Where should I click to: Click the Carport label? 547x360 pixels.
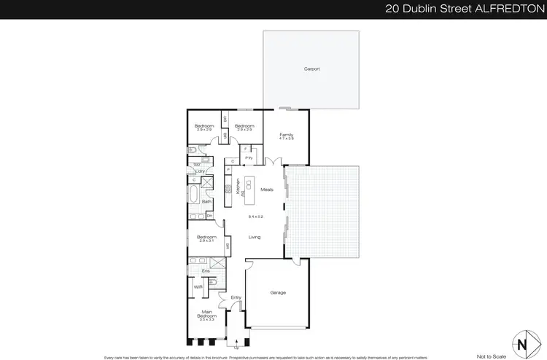point(311,69)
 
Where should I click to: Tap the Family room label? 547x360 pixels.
point(287,135)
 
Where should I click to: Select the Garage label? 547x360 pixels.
point(278,293)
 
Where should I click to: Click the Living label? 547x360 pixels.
point(255,237)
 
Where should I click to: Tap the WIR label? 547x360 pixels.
point(198,287)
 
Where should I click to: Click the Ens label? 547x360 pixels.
point(206,271)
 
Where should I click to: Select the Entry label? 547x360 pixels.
point(236,297)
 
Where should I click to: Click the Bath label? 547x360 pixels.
point(206,201)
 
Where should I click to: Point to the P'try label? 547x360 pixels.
point(248,158)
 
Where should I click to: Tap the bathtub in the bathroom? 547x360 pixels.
point(193,196)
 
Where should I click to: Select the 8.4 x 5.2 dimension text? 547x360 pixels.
point(255,217)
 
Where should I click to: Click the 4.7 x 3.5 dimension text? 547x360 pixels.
point(287,139)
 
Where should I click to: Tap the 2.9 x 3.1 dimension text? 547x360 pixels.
point(206,242)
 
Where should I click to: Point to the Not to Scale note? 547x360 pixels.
point(490,356)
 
